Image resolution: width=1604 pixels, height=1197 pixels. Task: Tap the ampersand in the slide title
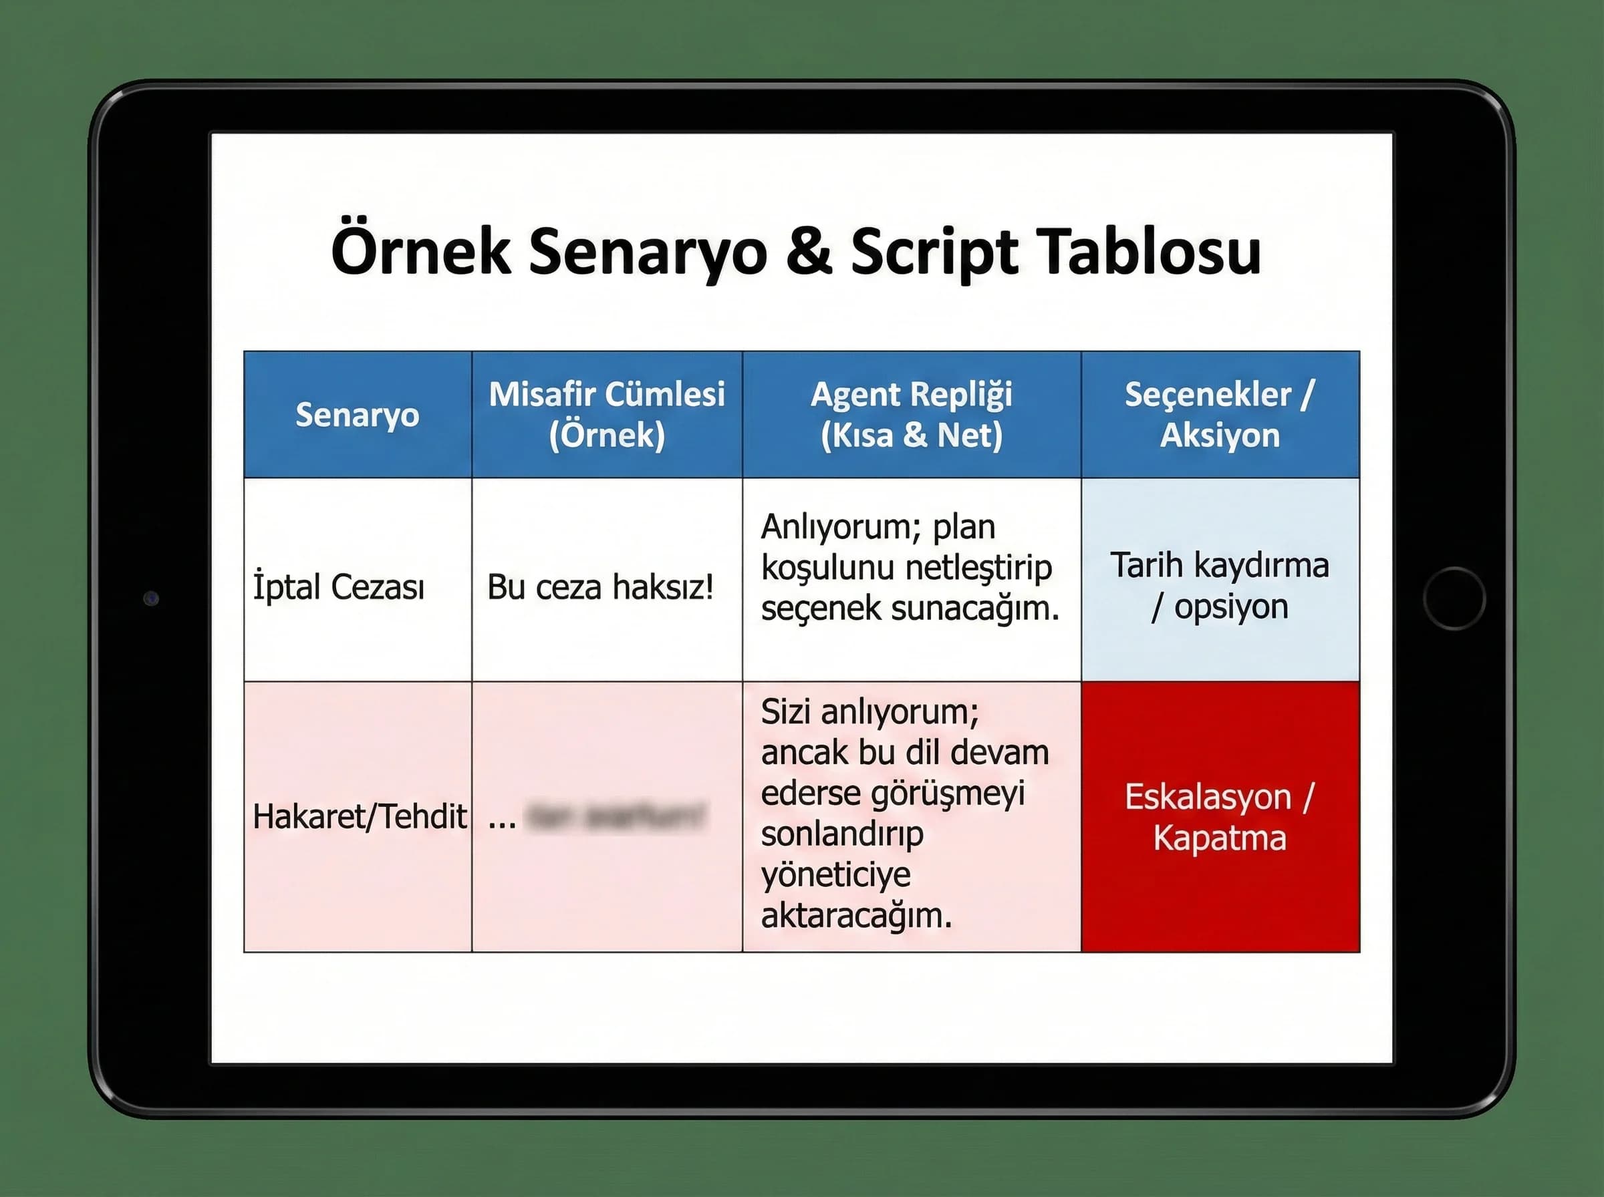point(808,252)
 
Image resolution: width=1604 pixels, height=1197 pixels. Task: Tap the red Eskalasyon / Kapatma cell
point(1220,817)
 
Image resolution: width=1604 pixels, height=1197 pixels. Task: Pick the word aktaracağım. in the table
point(856,916)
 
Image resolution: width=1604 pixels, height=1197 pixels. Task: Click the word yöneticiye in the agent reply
point(835,874)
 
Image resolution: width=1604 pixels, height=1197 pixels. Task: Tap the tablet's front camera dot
point(151,598)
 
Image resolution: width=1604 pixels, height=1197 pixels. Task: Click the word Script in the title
point(935,252)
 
